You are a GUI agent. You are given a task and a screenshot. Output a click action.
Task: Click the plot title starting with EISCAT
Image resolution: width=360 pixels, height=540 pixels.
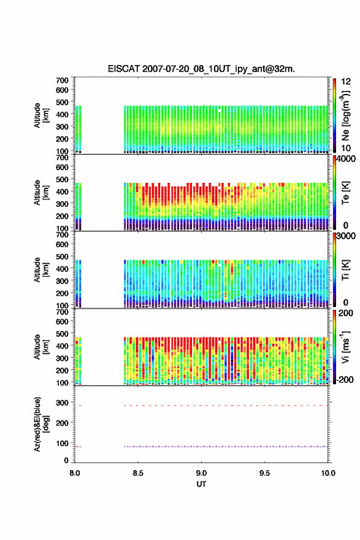tap(201, 69)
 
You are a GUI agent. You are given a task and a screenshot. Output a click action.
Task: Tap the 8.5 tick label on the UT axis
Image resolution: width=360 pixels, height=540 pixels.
tap(138, 473)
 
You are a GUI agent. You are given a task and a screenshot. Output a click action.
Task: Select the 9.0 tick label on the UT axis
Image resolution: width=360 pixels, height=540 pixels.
tap(201, 473)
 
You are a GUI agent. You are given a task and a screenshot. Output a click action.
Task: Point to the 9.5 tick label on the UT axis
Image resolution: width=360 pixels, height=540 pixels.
tap(265, 473)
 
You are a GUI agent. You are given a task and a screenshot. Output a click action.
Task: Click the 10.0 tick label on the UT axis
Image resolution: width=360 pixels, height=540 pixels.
tap(328, 473)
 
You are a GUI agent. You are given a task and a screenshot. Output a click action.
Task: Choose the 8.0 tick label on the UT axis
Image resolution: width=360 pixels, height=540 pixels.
tap(75, 473)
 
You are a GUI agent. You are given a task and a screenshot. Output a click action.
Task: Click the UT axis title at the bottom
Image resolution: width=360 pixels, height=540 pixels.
tap(201, 484)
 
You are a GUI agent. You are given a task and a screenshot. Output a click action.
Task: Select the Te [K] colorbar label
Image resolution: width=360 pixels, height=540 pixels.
tap(345, 193)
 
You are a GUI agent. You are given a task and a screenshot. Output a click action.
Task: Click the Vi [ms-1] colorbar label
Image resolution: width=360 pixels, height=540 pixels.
tap(345, 347)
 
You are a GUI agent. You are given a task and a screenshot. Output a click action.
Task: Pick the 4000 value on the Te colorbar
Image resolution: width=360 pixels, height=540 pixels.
tap(347, 159)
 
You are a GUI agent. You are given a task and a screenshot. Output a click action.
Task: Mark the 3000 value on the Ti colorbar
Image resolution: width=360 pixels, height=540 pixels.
tap(347, 236)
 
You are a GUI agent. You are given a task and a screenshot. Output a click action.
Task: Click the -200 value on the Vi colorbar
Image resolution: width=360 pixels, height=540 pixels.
tap(345, 379)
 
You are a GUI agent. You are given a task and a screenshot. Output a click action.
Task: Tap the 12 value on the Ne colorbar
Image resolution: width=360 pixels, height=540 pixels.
tap(346, 82)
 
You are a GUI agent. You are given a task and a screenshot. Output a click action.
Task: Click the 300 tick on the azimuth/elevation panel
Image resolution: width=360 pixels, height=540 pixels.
tap(63, 403)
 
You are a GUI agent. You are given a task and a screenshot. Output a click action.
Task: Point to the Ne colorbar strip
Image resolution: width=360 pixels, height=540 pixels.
tap(334, 115)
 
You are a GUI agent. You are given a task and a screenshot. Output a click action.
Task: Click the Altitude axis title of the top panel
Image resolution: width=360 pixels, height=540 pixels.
tap(41, 115)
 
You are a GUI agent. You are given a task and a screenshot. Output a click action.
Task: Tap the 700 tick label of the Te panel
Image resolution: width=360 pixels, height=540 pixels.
tap(63, 157)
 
